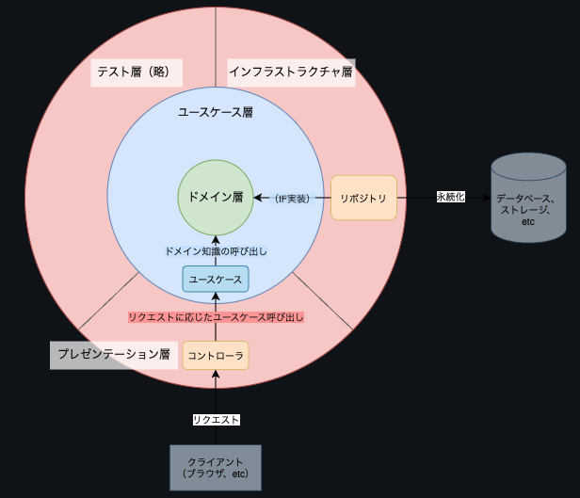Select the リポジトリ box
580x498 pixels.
[x=364, y=198]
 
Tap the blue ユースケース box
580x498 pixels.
[x=215, y=280]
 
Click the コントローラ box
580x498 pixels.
[x=215, y=355]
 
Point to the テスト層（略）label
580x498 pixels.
[x=136, y=72]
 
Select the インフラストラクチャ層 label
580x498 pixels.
[x=291, y=72]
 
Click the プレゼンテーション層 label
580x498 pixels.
[x=113, y=355]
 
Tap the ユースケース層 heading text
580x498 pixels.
[x=216, y=112]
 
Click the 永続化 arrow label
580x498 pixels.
[x=450, y=198]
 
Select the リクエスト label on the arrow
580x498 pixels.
[x=216, y=420]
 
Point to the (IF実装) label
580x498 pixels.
[x=291, y=199]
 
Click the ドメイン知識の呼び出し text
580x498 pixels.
[x=216, y=251]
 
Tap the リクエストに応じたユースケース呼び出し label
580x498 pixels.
[x=216, y=318]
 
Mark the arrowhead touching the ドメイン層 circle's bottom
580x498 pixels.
[x=215, y=239]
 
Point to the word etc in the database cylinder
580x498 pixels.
[x=527, y=222]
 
